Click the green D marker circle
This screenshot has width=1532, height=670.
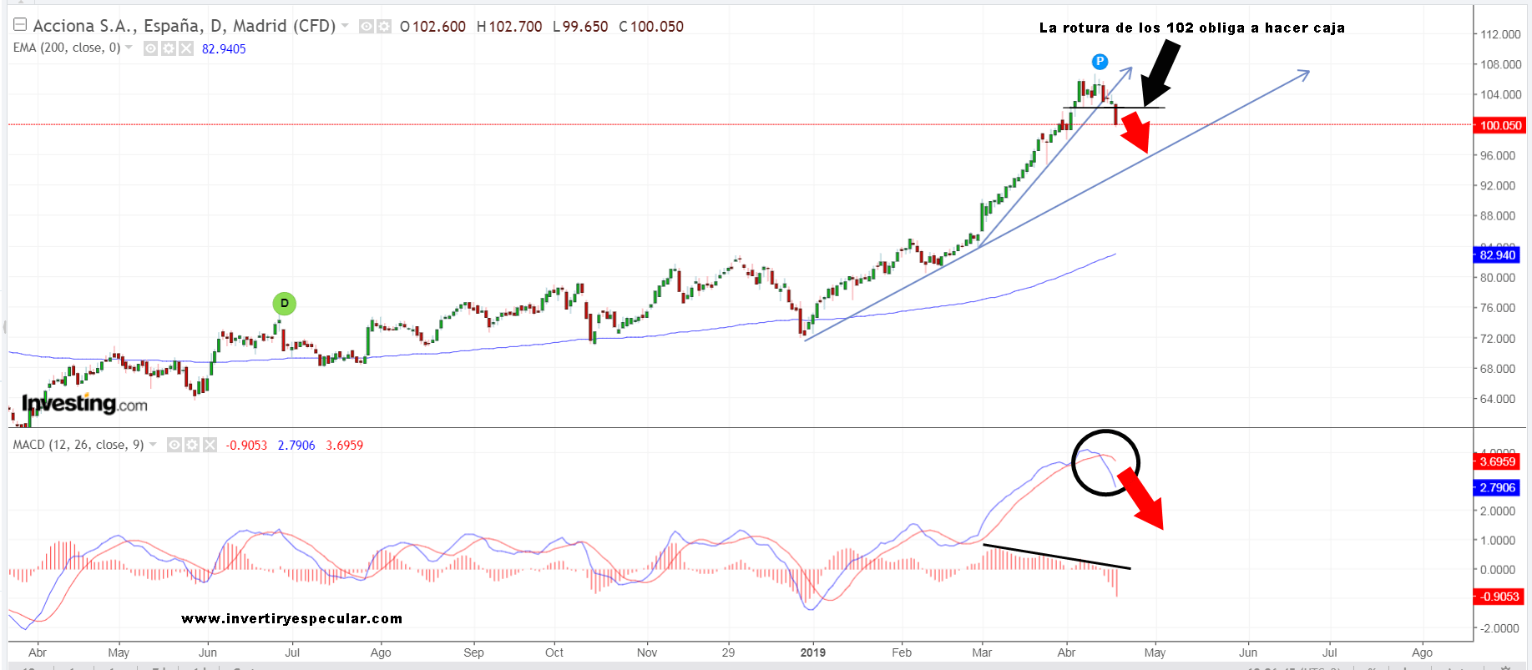click(284, 304)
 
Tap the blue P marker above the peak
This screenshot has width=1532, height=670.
click(1100, 61)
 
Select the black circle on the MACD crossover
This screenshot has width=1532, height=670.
click(1105, 462)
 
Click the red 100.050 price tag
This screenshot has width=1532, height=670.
click(1500, 125)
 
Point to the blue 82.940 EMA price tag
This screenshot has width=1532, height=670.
click(1497, 255)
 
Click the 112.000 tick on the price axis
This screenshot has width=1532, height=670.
click(1500, 34)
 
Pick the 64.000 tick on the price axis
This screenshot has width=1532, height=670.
click(1497, 399)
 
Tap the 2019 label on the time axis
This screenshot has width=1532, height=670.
click(812, 652)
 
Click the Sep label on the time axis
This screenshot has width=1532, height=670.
click(473, 652)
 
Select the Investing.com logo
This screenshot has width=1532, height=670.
click(84, 404)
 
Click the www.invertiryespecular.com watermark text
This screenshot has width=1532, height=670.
click(291, 618)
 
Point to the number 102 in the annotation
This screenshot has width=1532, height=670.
click(1180, 28)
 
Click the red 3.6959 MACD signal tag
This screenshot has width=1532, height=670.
click(1497, 461)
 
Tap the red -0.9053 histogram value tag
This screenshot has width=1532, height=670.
click(1499, 597)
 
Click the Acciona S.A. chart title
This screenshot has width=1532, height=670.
click(184, 26)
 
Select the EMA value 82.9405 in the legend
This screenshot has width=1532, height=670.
click(224, 48)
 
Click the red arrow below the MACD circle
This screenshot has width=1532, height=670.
click(1141, 499)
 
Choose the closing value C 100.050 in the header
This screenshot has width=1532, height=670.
click(651, 27)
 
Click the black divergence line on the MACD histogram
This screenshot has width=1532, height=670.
click(1057, 557)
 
